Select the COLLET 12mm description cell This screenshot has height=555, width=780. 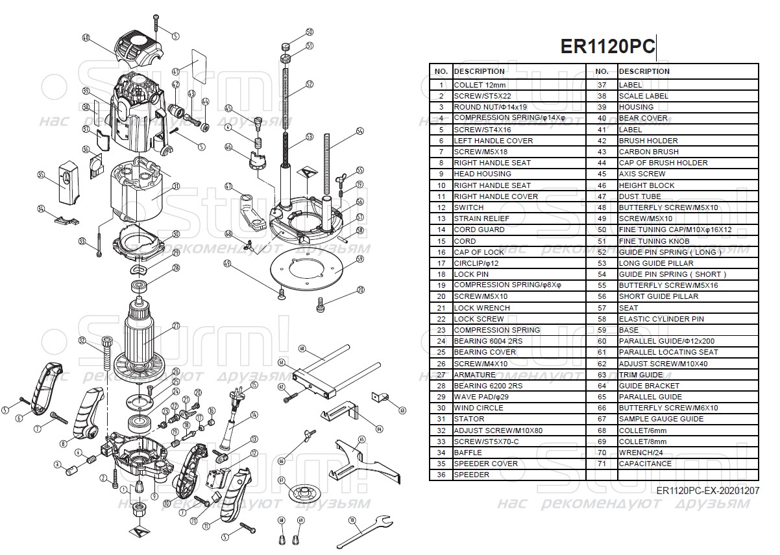pos(480,85)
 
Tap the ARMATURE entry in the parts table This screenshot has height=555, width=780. pos(476,375)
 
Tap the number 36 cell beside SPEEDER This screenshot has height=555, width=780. pos(441,475)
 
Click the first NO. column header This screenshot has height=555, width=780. pos(441,71)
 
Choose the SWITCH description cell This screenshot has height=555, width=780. pos(469,207)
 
